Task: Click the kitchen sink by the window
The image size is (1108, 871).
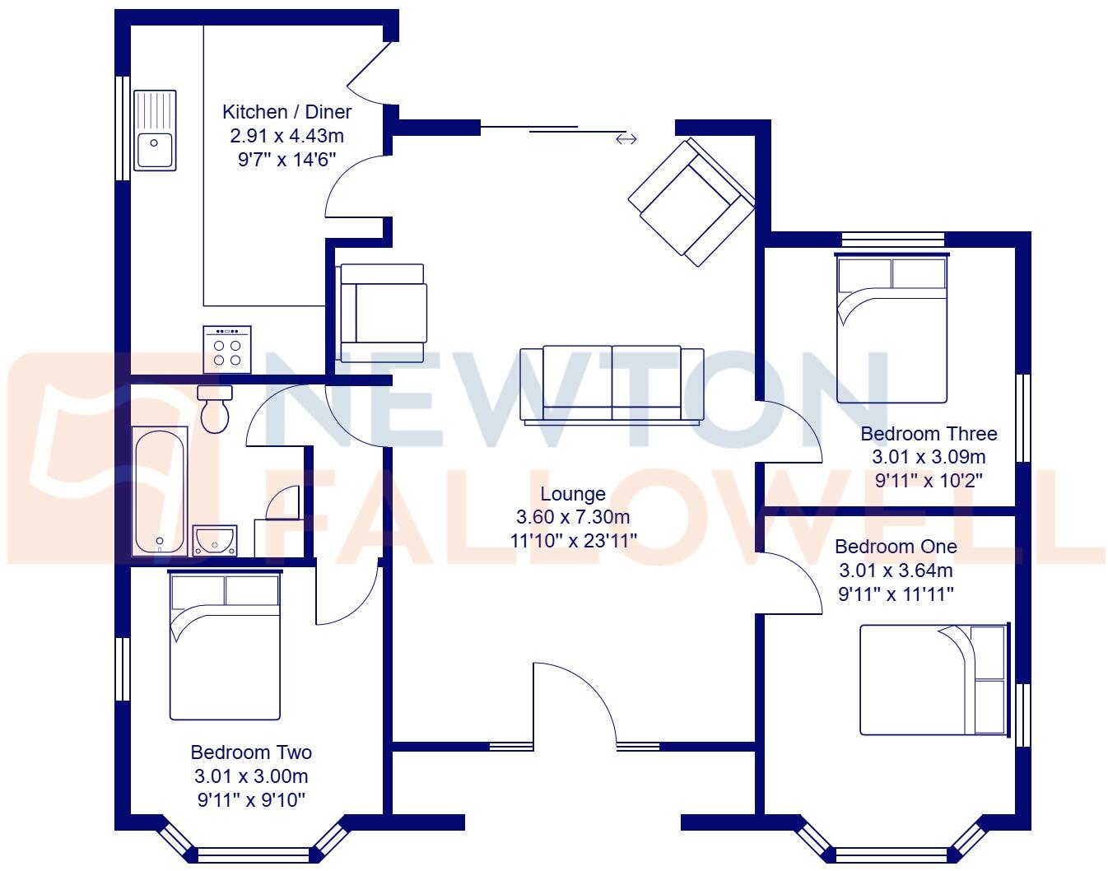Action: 155,130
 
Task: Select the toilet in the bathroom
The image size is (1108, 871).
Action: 216,409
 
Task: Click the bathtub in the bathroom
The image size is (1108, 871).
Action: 161,491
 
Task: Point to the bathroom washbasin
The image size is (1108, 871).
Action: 215,540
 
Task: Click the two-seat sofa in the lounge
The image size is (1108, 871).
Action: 612,384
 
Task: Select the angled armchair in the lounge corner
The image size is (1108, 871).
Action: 691,202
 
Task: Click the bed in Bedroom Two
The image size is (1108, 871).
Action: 225,645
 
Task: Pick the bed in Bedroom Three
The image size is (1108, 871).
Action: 892,329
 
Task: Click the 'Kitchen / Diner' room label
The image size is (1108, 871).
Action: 287,112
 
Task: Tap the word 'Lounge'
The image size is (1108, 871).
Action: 573,494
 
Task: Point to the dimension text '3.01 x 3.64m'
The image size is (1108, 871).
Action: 896,571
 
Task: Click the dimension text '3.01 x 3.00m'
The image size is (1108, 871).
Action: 251,776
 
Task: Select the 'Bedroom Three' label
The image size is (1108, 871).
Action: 929,434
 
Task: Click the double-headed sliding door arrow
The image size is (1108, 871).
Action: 626,139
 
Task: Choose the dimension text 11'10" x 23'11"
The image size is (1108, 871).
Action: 573,540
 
